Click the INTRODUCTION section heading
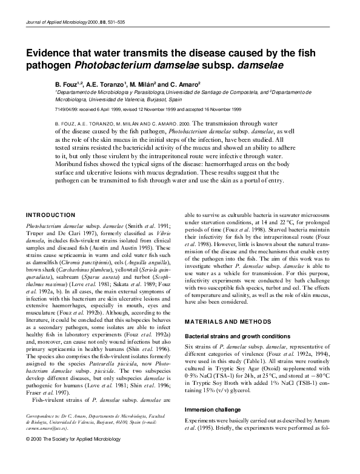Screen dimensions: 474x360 (x=52, y=215)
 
